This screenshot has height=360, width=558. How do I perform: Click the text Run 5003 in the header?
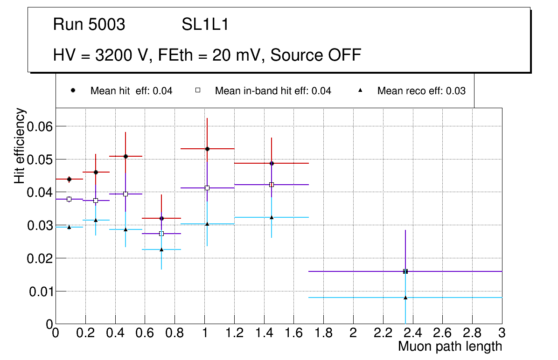point(89,24)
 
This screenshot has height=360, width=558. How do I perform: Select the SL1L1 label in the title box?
point(205,24)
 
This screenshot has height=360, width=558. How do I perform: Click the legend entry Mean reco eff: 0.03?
point(421,91)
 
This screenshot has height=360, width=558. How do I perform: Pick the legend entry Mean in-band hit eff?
point(272,91)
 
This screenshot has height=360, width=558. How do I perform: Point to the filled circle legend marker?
point(72,90)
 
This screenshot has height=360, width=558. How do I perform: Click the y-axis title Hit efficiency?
point(20,145)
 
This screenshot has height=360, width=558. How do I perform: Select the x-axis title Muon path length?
point(450,346)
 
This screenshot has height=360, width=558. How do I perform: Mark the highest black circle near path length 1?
point(207,149)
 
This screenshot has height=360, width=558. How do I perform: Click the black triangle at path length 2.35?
point(405,298)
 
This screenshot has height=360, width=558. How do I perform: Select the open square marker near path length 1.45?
point(272,185)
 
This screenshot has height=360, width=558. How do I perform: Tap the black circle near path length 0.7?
point(161,218)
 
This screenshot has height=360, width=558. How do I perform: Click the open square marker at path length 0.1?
point(69,199)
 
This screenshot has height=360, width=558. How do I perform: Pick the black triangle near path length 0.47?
point(126,229)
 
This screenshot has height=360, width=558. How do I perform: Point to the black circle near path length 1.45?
point(272,163)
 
